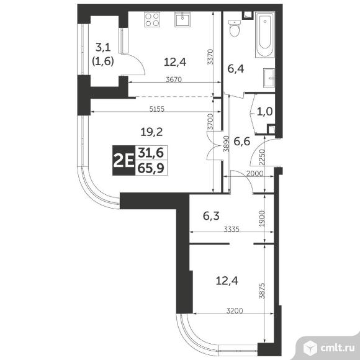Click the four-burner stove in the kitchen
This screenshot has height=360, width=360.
click(x=152, y=20)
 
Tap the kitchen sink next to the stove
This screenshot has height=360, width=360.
click(x=182, y=19)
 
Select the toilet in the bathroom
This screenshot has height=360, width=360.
click(x=235, y=28)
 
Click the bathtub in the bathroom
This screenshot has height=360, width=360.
click(x=265, y=35)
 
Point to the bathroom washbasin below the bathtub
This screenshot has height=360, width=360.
click(x=269, y=78)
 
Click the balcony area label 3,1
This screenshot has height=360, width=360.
click(x=103, y=48)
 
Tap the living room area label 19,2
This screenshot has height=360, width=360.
click(x=151, y=132)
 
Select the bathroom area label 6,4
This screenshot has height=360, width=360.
click(x=236, y=69)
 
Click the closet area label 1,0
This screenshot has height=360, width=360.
click(x=264, y=112)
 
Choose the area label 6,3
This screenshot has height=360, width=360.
click(x=211, y=216)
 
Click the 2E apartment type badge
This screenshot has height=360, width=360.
click(x=124, y=161)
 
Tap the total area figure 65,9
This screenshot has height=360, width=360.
click(x=151, y=168)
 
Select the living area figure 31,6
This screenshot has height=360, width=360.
click(x=151, y=153)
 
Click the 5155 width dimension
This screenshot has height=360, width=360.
click(x=157, y=109)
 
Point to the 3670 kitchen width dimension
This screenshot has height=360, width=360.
click(x=174, y=79)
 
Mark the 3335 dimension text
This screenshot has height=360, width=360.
click(x=232, y=229)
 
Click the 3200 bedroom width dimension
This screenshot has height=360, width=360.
click(x=235, y=310)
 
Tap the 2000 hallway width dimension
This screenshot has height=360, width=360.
click(x=254, y=174)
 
